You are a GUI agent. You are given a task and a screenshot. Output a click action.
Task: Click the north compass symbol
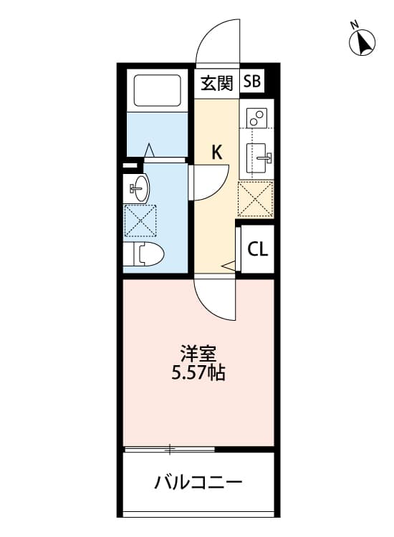(363, 42)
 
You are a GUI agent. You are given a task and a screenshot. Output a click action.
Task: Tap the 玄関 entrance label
(216, 82)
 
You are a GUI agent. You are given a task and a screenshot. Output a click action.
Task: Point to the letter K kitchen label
(216, 152)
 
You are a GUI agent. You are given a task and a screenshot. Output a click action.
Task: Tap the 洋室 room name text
(198, 354)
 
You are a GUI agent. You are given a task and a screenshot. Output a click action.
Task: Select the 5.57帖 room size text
(198, 373)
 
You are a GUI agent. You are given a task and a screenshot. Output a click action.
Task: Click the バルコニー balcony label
(198, 482)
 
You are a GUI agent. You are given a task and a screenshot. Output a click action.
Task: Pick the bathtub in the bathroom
(157, 91)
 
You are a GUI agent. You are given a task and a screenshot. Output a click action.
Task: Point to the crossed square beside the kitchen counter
(255, 198)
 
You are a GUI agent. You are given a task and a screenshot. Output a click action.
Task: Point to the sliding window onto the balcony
(170, 450)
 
